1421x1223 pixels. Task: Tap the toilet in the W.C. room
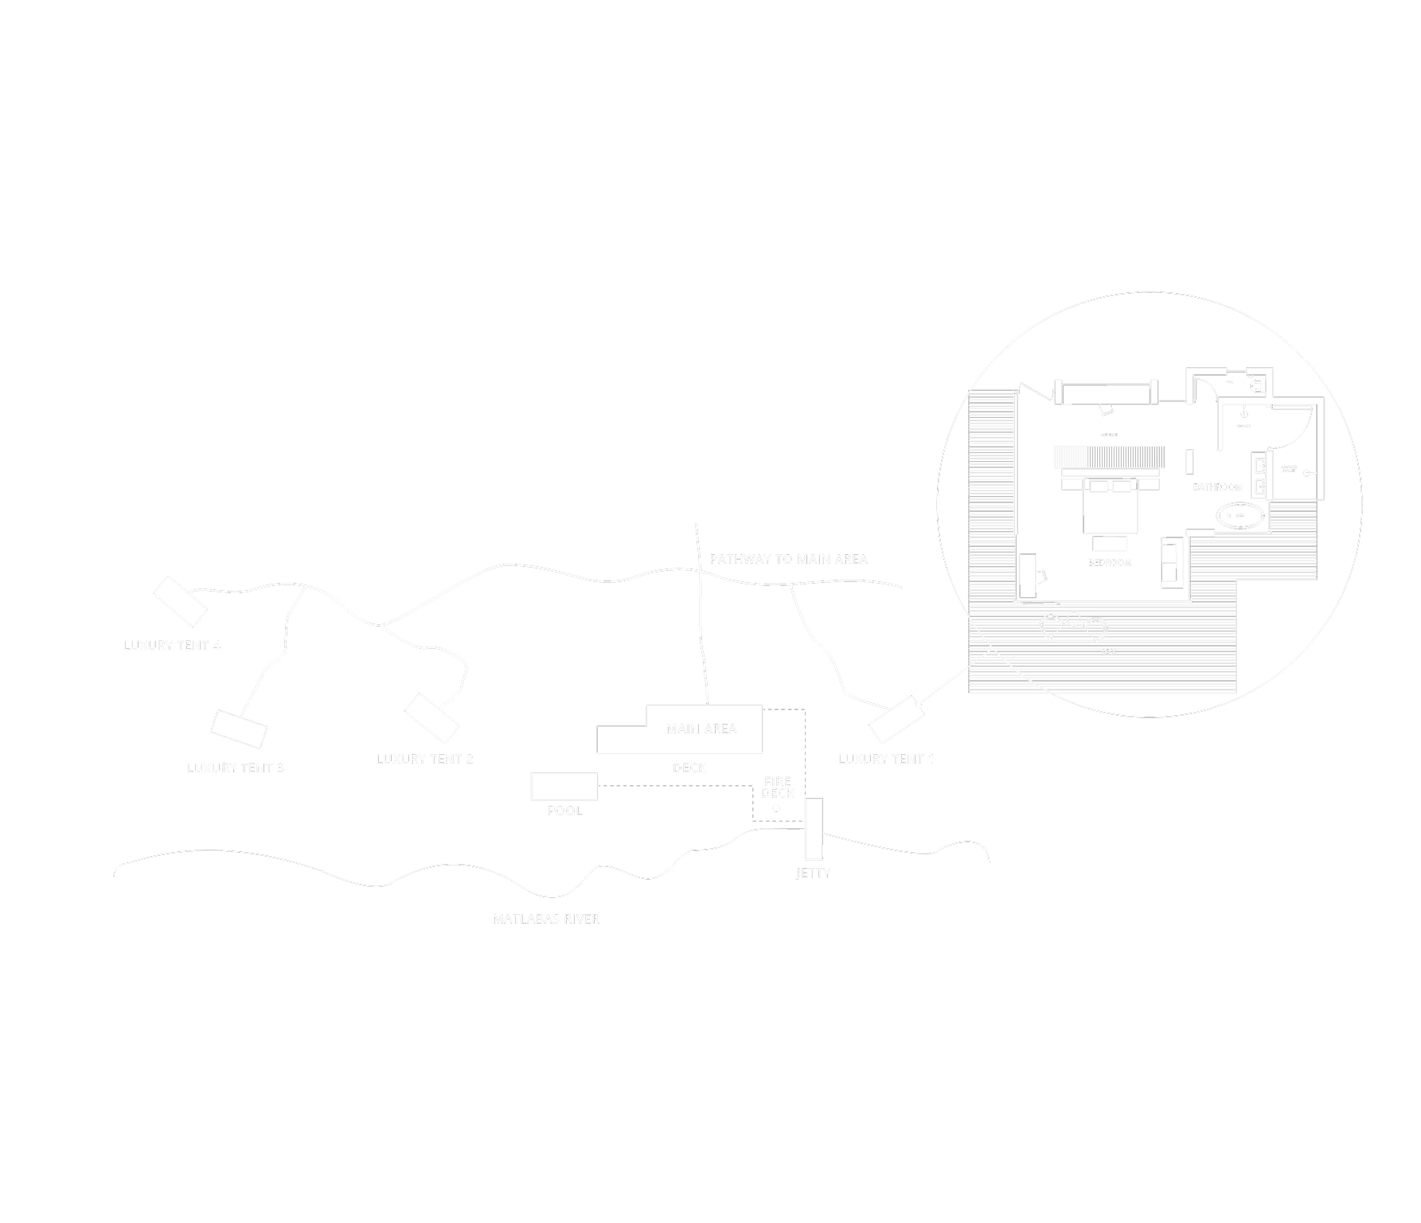(x=1256, y=386)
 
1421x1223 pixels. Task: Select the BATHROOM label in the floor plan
(x=1217, y=487)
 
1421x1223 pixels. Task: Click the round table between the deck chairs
(x=1074, y=619)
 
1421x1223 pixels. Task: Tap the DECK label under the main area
(x=689, y=768)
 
